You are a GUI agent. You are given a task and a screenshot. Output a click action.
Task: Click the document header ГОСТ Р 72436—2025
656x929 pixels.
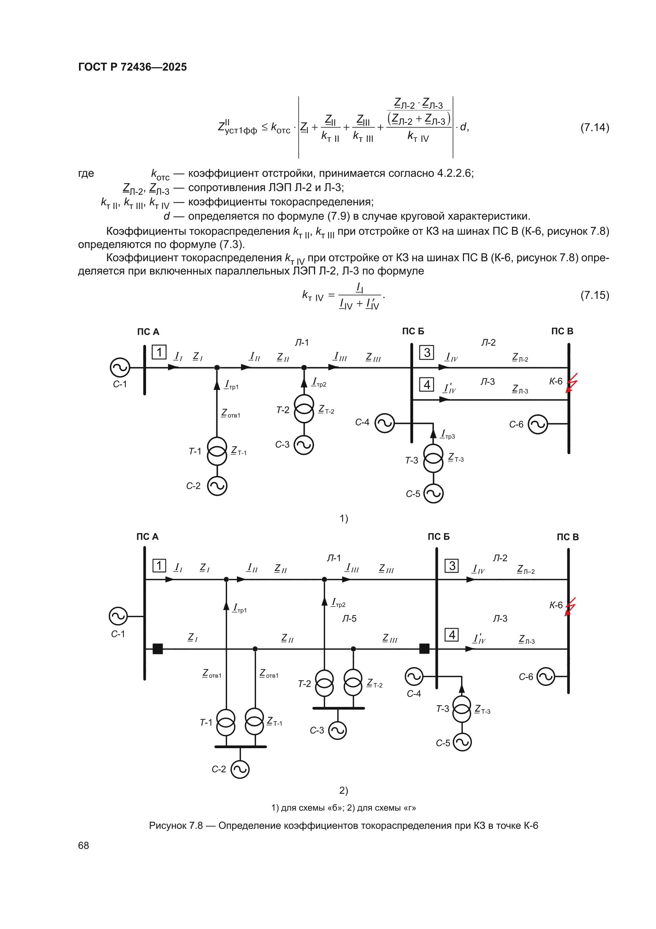coord(132,67)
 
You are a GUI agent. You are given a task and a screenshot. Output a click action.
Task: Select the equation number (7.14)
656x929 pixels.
coord(594,128)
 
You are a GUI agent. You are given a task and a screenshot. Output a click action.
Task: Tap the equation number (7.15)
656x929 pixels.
coord(594,295)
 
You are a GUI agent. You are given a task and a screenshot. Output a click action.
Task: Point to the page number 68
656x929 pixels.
coord(83,845)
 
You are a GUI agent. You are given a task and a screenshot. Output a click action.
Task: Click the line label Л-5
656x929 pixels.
coord(349,619)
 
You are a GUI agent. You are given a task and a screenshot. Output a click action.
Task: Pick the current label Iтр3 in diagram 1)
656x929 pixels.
coord(448,435)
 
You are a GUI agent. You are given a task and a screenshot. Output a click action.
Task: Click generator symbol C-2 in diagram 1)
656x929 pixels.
coord(217,486)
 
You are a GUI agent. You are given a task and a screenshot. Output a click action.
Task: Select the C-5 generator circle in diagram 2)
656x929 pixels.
coord(462,742)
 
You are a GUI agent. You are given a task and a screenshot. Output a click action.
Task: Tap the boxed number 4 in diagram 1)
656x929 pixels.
coord(427,384)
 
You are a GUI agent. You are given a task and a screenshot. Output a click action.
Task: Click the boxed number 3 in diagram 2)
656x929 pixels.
coord(452,566)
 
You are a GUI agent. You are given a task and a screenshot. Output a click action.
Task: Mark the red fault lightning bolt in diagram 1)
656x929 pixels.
coord(571,383)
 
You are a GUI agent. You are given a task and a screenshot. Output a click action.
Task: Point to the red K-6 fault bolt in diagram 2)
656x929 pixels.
coord(570,607)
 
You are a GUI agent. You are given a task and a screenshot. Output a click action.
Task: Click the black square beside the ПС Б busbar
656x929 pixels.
coord(424,648)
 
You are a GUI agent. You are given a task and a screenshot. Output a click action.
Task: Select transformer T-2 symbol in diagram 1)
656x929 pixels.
coord(304,408)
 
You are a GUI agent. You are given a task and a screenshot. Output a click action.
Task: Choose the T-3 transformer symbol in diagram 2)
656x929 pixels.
coord(462,709)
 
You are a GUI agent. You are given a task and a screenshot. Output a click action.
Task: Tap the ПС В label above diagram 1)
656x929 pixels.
coord(562,331)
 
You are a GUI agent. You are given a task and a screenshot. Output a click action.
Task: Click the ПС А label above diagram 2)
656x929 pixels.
coord(148,536)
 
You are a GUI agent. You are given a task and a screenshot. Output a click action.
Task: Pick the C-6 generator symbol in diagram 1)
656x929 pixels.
coord(538,424)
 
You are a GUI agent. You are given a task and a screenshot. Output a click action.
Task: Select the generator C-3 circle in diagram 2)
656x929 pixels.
coord(337,730)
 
